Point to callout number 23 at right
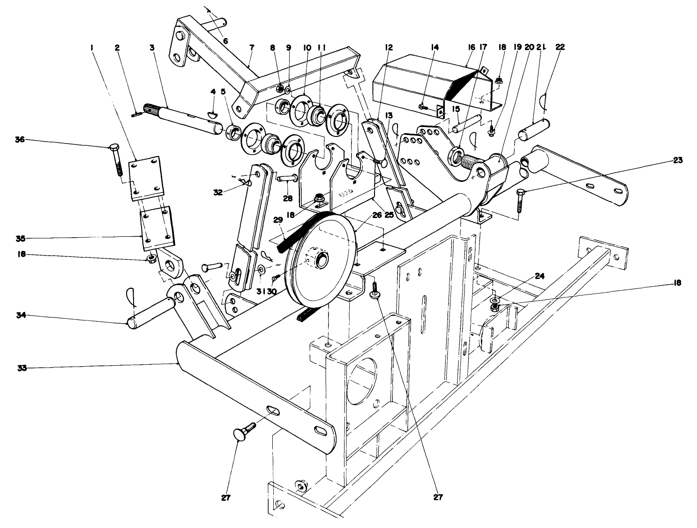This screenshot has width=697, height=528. pos(677,160)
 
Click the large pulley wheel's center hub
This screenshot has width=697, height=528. pos(322,260)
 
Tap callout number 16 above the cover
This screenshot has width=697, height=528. pos(471,47)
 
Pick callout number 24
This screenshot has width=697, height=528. pos(540,276)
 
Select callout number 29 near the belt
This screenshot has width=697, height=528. pos(277,219)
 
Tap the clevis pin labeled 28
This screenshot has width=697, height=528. pos(286,178)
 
